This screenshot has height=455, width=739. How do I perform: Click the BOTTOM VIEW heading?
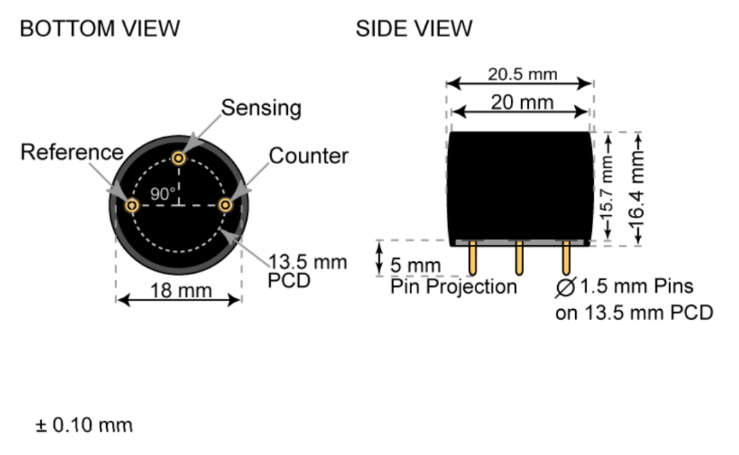[x=100, y=29]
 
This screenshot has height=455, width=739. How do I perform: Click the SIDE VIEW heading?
[x=414, y=29]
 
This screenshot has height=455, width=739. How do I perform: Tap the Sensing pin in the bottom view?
[x=179, y=157]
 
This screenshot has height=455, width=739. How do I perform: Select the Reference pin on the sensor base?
[x=132, y=206]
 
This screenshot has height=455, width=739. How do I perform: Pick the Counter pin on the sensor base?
[x=225, y=206]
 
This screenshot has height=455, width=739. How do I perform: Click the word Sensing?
[x=261, y=108]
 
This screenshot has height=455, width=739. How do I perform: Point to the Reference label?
[x=71, y=152]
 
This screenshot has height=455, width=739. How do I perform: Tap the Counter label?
[x=308, y=156]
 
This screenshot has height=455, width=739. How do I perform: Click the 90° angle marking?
[x=162, y=194]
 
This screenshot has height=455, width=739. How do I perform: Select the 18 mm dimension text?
[x=180, y=290]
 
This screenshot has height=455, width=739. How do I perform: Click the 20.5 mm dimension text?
[x=522, y=74]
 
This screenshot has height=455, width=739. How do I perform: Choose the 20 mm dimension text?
[x=522, y=102]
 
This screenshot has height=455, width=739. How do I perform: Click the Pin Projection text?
[x=454, y=287]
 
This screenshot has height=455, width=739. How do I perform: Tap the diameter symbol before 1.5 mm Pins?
[x=566, y=287]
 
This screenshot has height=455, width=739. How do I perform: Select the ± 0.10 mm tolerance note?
[x=84, y=425]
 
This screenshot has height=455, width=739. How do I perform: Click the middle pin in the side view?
[x=518, y=259]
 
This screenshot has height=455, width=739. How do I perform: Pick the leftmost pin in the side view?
[x=472, y=259]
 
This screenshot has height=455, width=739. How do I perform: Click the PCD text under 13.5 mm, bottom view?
[x=289, y=280]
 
